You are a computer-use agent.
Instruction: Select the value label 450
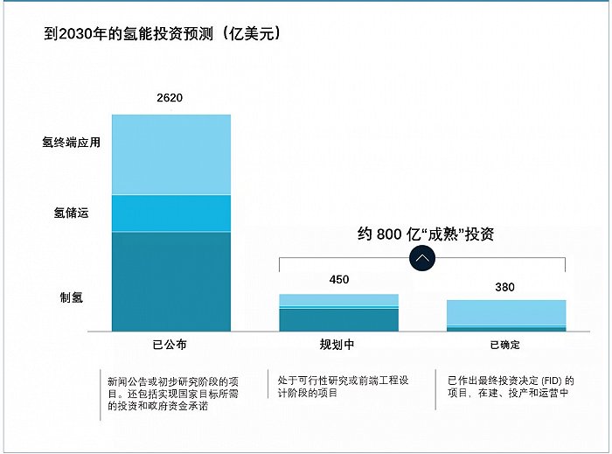[x=338, y=280]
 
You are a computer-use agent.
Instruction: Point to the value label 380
[x=504, y=287]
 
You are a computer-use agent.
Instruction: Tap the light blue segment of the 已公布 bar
[x=171, y=154]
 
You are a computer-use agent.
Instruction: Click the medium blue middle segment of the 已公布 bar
[x=171, y=213]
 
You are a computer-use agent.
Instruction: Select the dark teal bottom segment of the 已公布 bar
[x=171, y=281]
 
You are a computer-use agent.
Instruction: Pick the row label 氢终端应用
[x=71, y=142]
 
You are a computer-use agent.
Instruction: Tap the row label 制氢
[x=71, y=297]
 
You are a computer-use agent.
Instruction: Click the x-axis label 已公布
[x=170, y=345]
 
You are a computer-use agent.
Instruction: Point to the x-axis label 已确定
[x=505, y=345]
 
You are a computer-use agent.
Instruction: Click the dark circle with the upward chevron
[x=422, y=258]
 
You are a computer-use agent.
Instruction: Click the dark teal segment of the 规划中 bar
[x=338, y=320]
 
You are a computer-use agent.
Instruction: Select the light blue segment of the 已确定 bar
[x=506, y=312]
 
